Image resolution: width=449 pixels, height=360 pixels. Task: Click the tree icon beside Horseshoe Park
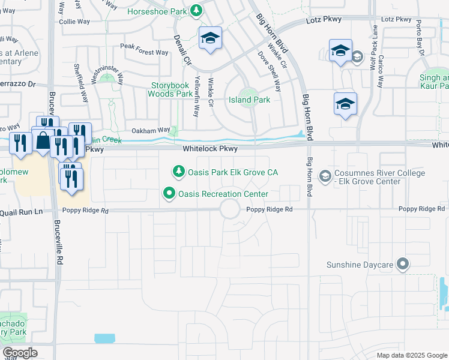(x=196, y=11)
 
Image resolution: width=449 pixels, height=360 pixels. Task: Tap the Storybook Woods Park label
(x=170, y=89)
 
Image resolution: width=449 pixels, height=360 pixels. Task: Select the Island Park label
(x=249, y=100)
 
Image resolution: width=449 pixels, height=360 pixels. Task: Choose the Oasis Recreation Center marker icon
(x=169, y=194)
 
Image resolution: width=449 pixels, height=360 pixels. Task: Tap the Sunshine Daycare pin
(x=403, y=264)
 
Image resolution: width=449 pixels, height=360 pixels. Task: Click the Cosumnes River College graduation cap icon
(x=325, y=176)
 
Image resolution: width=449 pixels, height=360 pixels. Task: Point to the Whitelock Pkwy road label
(x=210, y=148)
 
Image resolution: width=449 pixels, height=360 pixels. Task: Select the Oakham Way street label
(x=151, y=130)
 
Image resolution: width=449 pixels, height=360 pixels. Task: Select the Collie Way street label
(x=74, y=21)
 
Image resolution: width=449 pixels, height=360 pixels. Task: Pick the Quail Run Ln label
(x=22, y=211)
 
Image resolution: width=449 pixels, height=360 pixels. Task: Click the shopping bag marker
(x=44, y=141)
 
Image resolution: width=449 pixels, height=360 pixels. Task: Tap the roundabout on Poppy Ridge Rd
(x=230, y=209)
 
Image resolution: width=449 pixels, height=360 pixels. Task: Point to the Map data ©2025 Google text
(x=411, y=355)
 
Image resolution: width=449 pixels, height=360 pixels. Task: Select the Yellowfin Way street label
(x=196, y=97)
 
